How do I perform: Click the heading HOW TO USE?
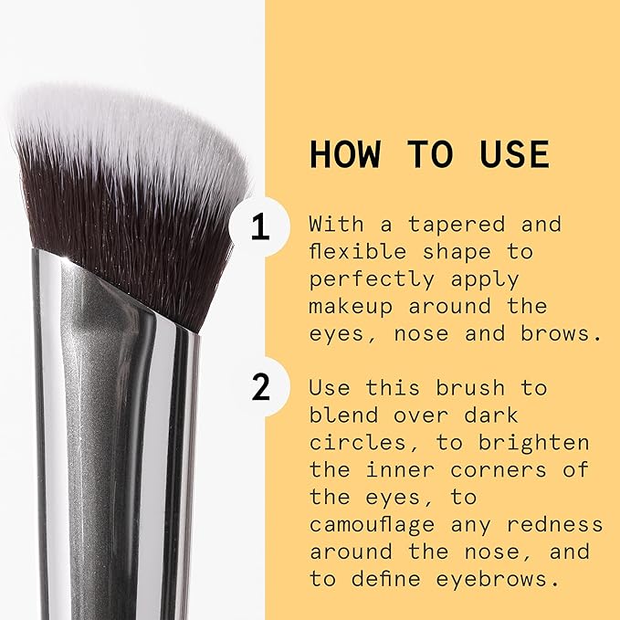click(429, 154)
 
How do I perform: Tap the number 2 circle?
click(260, 388)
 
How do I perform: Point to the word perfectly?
click(370, 278)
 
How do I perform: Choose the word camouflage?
click(380, 525)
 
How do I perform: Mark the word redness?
click(556, 525)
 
